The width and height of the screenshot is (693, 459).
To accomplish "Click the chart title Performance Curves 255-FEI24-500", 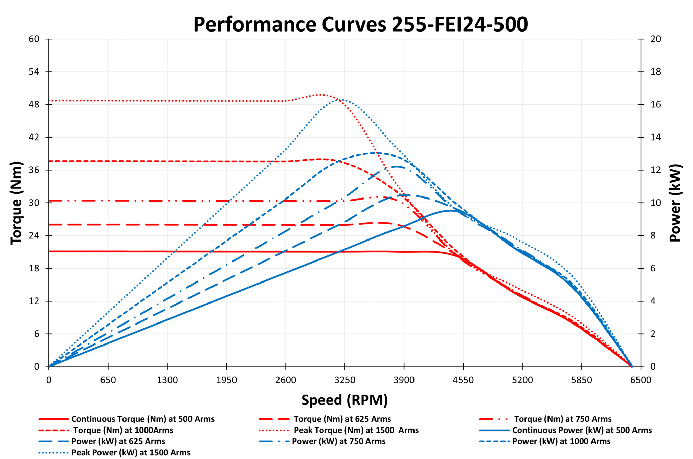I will pyautogui.click(x=360, y=24).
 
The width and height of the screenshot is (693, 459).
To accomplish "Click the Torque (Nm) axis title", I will pyautogui.click(x=16, y=203).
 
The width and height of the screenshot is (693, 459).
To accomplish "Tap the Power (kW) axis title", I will pyautogui.click(x=675, y=203).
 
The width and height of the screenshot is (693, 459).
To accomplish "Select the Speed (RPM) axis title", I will pyautogui.click(x=344, y=400).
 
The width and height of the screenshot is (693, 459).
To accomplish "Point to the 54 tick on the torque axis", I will pyautogui.click(x=34, y=72).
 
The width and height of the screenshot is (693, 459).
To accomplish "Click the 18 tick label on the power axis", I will pyautogui.click(x=655, y=72).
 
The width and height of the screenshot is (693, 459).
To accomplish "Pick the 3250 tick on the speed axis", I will pyautogui.click(x=345, y=380).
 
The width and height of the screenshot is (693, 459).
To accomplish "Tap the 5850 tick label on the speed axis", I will pyautogui.click(x=581, y=380).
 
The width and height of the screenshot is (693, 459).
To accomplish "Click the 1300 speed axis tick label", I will pyautogui.click(x=167, y=380).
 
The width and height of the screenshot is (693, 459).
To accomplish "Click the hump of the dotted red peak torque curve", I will pyautogui.click(x=321, y=95).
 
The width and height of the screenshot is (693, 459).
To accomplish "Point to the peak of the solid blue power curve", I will pyautogui.click(x=450, y=211).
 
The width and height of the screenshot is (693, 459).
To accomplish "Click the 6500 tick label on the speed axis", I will pyautogui.click(x=641, y=380).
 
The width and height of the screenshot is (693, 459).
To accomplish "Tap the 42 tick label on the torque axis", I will pyautogui.click(x=34, y=137).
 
